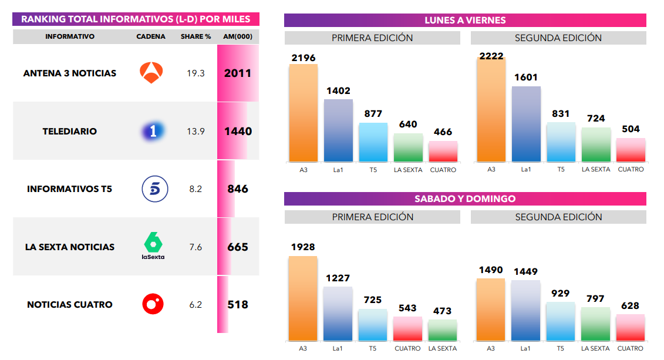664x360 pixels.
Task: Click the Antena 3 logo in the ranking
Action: click(155, 73)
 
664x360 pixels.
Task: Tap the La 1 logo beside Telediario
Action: click(153, 131)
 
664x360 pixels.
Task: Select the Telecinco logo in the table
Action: click(155, 189)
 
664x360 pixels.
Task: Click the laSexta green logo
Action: click(153, 246)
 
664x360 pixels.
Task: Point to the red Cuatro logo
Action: click(153, 304)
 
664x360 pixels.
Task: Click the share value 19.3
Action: click(196, 73)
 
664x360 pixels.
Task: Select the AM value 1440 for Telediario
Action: click(238, 131)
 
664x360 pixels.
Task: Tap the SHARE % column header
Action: click(196, 36)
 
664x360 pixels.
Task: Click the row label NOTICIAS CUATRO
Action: click(70, 304)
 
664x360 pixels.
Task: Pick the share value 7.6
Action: click(196, 247)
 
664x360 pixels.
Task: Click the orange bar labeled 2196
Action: click(303, 113)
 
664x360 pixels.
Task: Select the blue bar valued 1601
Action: click(526, 124)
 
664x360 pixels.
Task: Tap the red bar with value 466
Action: click(443, 152)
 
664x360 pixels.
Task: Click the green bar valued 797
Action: click(595, 324)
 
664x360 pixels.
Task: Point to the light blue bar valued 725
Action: click(373, 325)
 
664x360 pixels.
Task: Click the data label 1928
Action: click(303, 247)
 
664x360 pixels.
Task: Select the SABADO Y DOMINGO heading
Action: click(465, 198)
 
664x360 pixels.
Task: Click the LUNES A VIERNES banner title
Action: click(465, 20)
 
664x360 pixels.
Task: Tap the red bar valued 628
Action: click(630, 328)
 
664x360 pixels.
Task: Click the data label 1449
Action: click(525, 271)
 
